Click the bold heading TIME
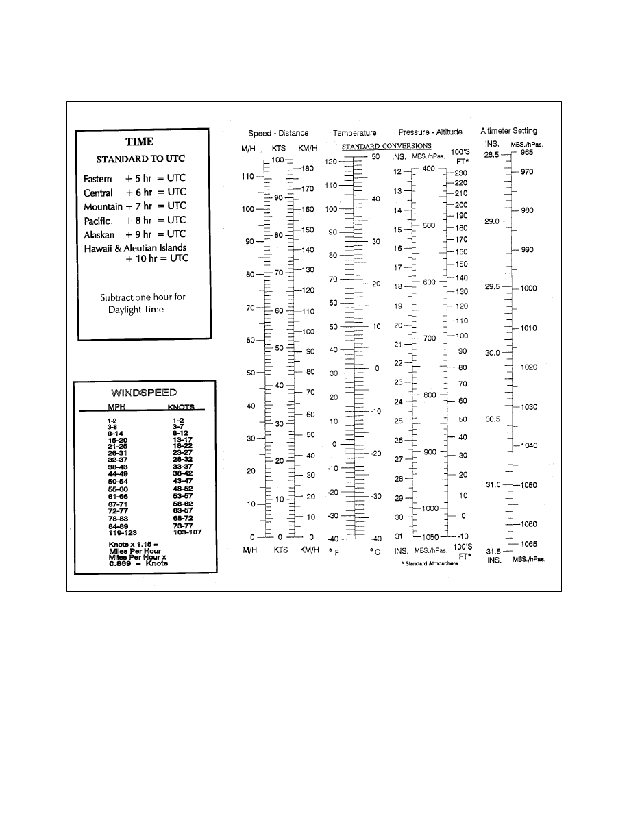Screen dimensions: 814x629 pyautogui.click(x=139, y=142)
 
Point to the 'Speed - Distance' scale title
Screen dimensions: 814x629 pyautogui.click(x=278, y=132)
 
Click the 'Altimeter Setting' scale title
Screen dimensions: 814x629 pyautogui.click(x=508, y=130)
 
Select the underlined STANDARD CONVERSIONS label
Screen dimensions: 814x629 pyautogui.click(x=386, y=146)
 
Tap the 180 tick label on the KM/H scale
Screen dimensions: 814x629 pyautogui.click(x=308, y=168)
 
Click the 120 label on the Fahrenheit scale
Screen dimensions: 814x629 pyautogui.click(x=331, y=162)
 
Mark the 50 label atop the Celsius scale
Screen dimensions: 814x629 pyautogui.click(x=375, y=157)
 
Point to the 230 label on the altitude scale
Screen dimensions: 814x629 pyautogui.click(x=460, y=173)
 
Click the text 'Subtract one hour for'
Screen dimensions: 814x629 pyautogui.click(x=143, y=297)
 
